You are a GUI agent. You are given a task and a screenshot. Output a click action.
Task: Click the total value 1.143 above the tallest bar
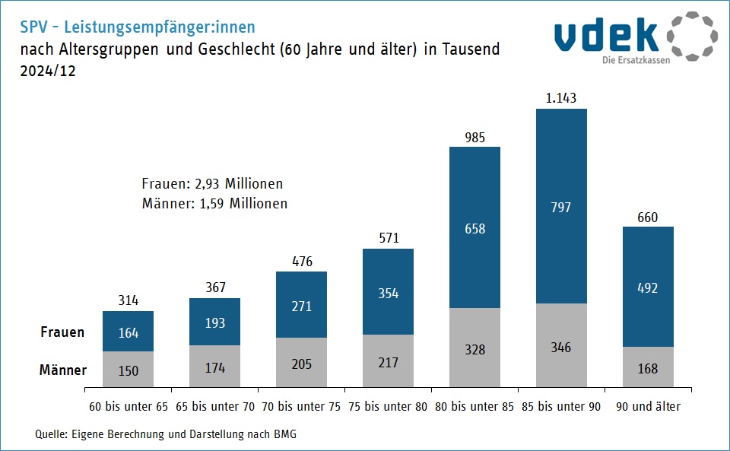[561, 98]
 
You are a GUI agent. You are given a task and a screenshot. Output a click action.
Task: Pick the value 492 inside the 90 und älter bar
[648, 288]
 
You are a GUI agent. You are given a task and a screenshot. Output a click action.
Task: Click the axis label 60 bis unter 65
[128, 407]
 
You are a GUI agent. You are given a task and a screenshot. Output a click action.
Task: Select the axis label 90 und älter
[648, 407]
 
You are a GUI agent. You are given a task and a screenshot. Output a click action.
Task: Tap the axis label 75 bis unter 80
[388, 407]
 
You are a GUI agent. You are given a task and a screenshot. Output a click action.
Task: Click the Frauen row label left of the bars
[62, 332]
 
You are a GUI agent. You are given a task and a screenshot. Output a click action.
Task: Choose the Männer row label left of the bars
[62, 370]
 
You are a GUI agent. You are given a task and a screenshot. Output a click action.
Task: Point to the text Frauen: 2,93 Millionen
[212, 184]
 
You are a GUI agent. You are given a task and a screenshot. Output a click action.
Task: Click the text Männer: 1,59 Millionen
[214, 204]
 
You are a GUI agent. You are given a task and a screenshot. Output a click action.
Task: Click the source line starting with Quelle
[166, 434]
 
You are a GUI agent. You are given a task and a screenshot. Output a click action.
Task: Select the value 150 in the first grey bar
[128, 370]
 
